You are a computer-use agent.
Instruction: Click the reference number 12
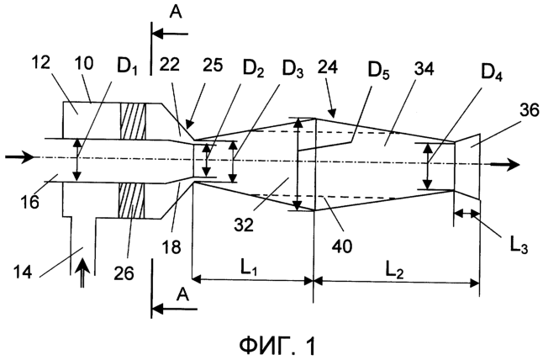click(x=41, y=62)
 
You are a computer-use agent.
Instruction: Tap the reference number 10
click(x=83, y=63)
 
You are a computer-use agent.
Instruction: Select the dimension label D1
click(x=127, y=68)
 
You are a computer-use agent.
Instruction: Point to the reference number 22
click(x=170, y=64)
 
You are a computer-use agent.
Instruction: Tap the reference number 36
click(x=529, y=110)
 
